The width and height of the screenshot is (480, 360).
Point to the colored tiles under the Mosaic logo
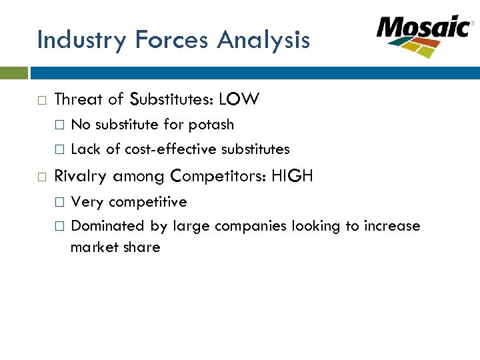point(414,47)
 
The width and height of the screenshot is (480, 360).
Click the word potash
point(211,125)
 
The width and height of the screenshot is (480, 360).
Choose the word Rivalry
point(81,177)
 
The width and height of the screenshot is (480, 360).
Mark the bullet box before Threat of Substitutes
point(41,100)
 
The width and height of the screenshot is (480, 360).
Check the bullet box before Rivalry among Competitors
point(41,177)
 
